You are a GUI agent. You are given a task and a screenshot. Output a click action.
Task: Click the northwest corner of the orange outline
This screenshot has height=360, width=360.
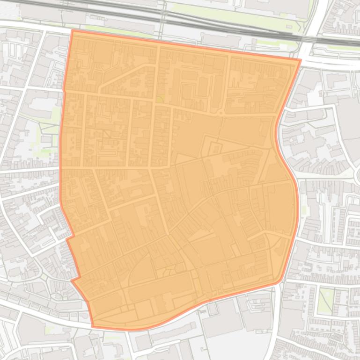pos(73,30)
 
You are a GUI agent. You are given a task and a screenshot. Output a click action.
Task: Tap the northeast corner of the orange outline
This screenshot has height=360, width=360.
pos(300,60)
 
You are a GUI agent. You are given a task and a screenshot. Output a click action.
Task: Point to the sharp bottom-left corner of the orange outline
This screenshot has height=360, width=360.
pos(93,325)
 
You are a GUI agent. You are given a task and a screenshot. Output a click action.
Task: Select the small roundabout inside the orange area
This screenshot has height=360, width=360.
pos(220,113)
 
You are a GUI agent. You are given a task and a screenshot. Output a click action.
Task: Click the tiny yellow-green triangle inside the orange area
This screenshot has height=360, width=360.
pos(160,99)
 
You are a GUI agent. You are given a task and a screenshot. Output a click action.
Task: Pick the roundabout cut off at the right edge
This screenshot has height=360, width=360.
pos(358,175)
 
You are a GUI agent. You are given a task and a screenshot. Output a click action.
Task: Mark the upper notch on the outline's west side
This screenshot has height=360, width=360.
pos(67,239)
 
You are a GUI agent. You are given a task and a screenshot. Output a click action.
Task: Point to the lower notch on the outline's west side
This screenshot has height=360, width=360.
pos(73,280)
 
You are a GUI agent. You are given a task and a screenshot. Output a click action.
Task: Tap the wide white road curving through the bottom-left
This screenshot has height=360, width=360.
pos(42,317)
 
